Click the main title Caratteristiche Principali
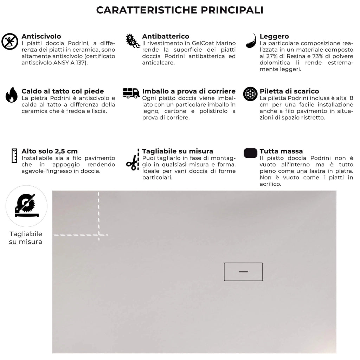point(180,10)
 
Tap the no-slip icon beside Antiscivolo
point(10,41)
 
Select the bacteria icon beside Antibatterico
point(133,41)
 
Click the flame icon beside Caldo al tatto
point(11,95)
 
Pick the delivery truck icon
point(131,93)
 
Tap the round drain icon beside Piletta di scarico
point(250,94)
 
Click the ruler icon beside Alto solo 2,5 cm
point(14,155)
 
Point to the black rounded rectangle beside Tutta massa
point(250,153)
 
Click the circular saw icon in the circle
point(26,206)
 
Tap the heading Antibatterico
point(166,36)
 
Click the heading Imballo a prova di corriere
point(189,91)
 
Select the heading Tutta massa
point(281,151)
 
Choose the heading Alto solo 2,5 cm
point(50,151)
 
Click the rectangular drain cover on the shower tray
point(243,272)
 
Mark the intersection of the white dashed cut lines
point(99,234)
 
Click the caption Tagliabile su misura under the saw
point(26,238)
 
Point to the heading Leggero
point(274,36)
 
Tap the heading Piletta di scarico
point(289,91)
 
